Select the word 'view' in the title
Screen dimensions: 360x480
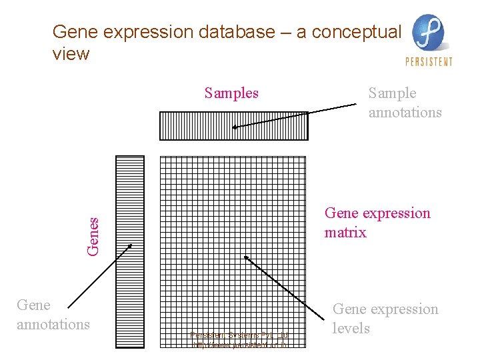coord(71,54)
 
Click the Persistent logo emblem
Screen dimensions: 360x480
coord(429,33)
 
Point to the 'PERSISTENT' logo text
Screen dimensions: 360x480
coord(429,62)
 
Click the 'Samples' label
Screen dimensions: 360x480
coord(231,93)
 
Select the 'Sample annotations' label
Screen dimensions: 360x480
coord(405,103)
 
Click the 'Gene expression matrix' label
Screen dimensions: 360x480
coord(377,223)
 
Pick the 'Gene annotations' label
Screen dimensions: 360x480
coord(53,315)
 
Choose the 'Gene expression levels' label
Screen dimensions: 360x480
coord(385,319)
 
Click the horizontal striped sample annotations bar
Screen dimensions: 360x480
coord(233,125)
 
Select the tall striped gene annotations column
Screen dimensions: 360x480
coord(129,252)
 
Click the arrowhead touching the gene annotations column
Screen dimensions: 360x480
coord(129,245)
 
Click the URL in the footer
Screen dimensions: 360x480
coord(239,345)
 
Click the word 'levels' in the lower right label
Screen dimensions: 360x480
coord(351,328)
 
